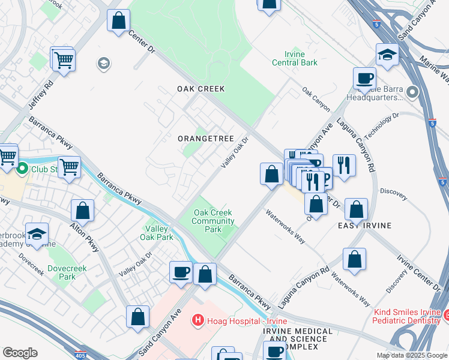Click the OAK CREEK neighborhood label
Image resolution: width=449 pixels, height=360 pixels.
click(x=200, y=89)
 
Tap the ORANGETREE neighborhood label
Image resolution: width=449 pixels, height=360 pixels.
click(x=205, y=139)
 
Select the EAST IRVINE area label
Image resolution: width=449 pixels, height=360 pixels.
click(x=364, y=226)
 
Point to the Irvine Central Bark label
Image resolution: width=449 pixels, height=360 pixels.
click(x=295, y=58)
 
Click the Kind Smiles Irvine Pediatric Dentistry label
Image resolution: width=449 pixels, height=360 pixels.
click(x=407, y=317)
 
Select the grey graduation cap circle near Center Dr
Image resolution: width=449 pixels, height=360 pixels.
click(x=104, y=64)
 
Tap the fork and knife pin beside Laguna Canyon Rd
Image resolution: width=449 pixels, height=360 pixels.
click(x=343, y=164)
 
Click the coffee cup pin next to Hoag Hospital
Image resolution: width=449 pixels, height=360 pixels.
click(x=181, y=272)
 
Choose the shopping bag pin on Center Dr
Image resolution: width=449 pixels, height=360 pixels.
click(x=119, y=20)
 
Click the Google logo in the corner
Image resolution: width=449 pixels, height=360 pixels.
click(x=20, y=353)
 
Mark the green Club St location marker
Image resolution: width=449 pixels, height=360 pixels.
click(x=23, y=169)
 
